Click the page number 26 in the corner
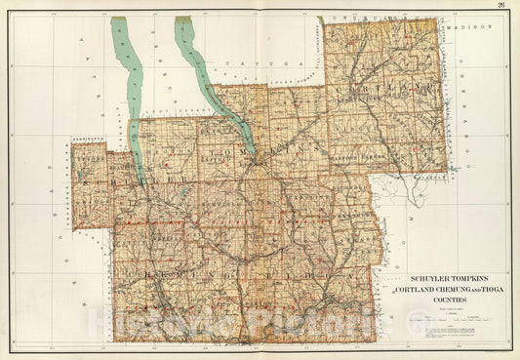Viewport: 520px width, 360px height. (500, 6)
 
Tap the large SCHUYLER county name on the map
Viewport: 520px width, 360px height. (132, 180)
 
